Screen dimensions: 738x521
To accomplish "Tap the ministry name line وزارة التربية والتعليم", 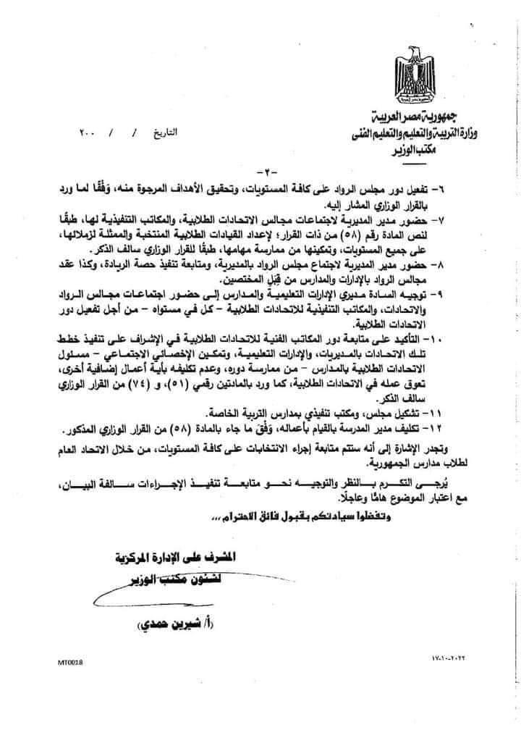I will [x=414, y=132].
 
